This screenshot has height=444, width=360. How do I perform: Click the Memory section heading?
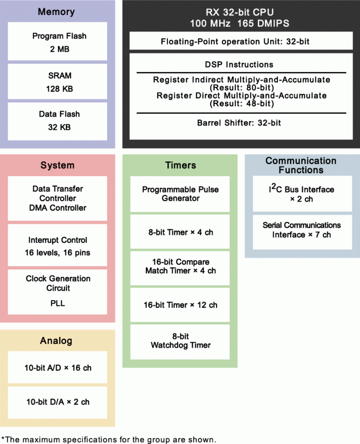[56, 12]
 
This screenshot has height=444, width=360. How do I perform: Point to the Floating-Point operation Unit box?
[235, 42]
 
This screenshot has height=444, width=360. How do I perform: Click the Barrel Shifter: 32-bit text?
[239, 123]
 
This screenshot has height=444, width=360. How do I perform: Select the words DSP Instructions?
[239, 64]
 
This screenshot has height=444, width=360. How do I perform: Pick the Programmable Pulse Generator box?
[180, 194]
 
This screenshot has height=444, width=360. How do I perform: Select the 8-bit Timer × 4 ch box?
[180, 232]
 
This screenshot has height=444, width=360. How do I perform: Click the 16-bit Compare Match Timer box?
[180, 266]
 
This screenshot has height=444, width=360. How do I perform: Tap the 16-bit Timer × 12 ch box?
[180, 305]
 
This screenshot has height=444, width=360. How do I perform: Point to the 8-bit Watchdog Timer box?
[180, 341]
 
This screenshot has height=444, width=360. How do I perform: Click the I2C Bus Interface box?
[302, 194]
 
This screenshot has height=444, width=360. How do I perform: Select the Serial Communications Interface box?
[302, 230]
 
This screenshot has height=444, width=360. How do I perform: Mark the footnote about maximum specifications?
[108, 439]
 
